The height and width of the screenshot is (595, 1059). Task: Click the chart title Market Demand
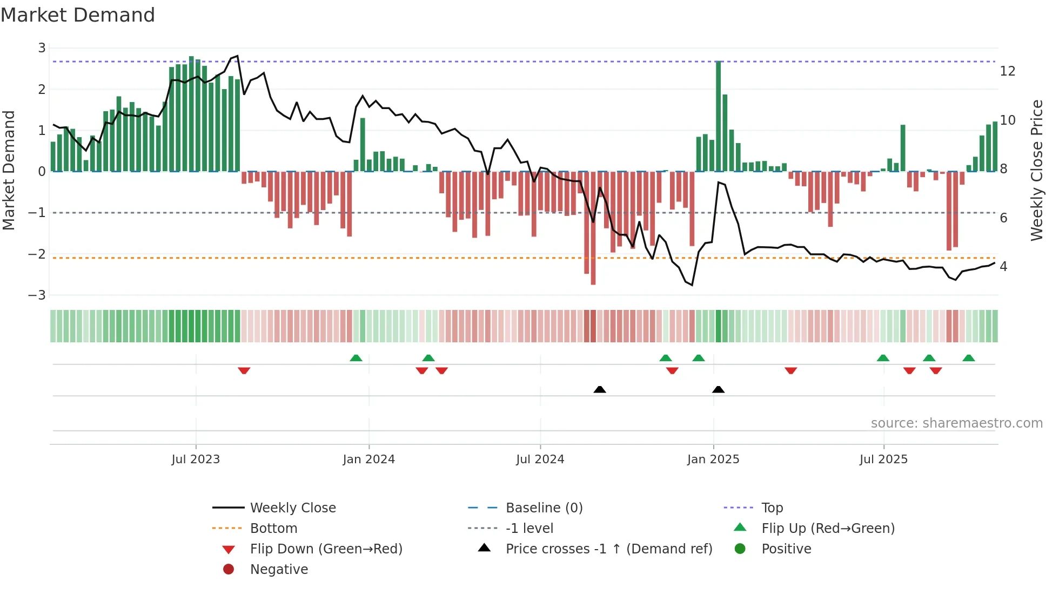(x=78, y=15)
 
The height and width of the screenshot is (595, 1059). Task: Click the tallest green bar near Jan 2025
(x=718, y=116)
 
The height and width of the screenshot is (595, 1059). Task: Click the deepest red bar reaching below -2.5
(x=593, y=228)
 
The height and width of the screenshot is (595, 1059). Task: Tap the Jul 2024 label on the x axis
(x=540, y=459)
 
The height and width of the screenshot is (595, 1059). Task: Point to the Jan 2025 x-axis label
(x=713, y=459)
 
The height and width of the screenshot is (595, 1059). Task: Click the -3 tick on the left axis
(x=37, y=295)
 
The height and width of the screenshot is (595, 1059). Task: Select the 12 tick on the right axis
(x=1007, y=71)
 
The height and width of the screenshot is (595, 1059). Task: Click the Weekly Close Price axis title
(x=1036, y=170)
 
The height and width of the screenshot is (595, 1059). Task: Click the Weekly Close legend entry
(x=292, y=508)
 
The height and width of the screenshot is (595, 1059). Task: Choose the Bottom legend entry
(x=273, y=529)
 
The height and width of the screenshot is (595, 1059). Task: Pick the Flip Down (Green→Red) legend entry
(x=326, y=549)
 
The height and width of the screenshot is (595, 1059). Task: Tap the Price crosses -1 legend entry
(x=608, y=549)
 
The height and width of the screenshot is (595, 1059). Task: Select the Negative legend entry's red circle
(x=229, y=570)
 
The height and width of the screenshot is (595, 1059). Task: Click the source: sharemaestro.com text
(x=956, y=423)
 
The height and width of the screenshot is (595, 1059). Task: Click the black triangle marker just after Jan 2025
(x=718, y=389)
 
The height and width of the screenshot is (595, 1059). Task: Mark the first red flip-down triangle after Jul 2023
(x=244, y=370)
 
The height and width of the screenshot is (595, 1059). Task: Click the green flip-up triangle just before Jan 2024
(x=356, y=358)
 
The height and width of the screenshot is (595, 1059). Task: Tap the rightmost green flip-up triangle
(x=968, y=358)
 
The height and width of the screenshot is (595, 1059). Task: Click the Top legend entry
(x=772, y=508)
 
